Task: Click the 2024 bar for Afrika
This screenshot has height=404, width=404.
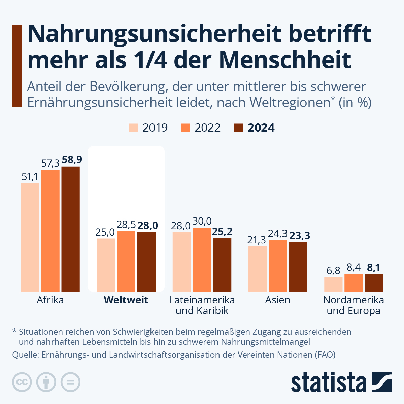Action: tap(70, 229)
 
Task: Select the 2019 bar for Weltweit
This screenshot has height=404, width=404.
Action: tap(106, 265)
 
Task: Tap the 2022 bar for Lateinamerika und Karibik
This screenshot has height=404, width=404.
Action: tap(202, 260)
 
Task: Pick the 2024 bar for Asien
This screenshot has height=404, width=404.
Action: tap(298, 267)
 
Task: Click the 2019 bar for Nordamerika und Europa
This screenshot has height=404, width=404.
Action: tap(333, 284)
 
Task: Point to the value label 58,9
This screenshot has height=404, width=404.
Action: tap(72, 160)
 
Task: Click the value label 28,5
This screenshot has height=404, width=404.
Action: tap(126, 225)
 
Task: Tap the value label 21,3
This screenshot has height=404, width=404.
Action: tap(257, 240)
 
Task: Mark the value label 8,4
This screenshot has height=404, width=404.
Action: tap(353, 267)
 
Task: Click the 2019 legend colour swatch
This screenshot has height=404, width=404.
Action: tap(133, 128)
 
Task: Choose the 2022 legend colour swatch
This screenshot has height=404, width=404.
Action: tap(186, 128)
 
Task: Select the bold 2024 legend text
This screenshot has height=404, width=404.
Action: tap(261, 128)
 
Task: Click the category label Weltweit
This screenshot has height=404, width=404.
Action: tap(126, 300)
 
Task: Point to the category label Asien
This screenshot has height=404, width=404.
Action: tap(277, 300)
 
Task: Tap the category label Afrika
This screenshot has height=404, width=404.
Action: tap(50, 300)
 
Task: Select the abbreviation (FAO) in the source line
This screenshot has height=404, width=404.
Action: tap(325, 355)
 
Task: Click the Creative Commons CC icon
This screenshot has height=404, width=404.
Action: tap(22, 382)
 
